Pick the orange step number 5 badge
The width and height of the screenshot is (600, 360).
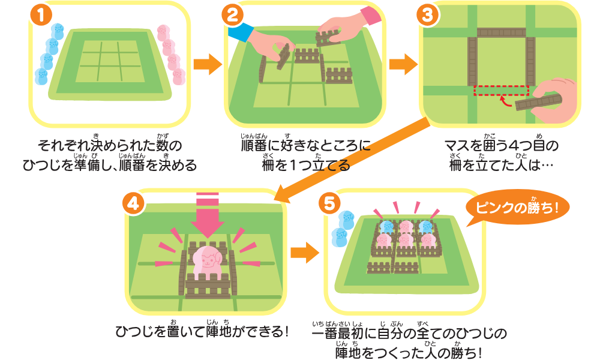point(329,204)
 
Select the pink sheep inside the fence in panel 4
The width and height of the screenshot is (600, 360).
point(207,260)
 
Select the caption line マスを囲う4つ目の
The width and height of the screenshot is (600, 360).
point(501,146)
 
